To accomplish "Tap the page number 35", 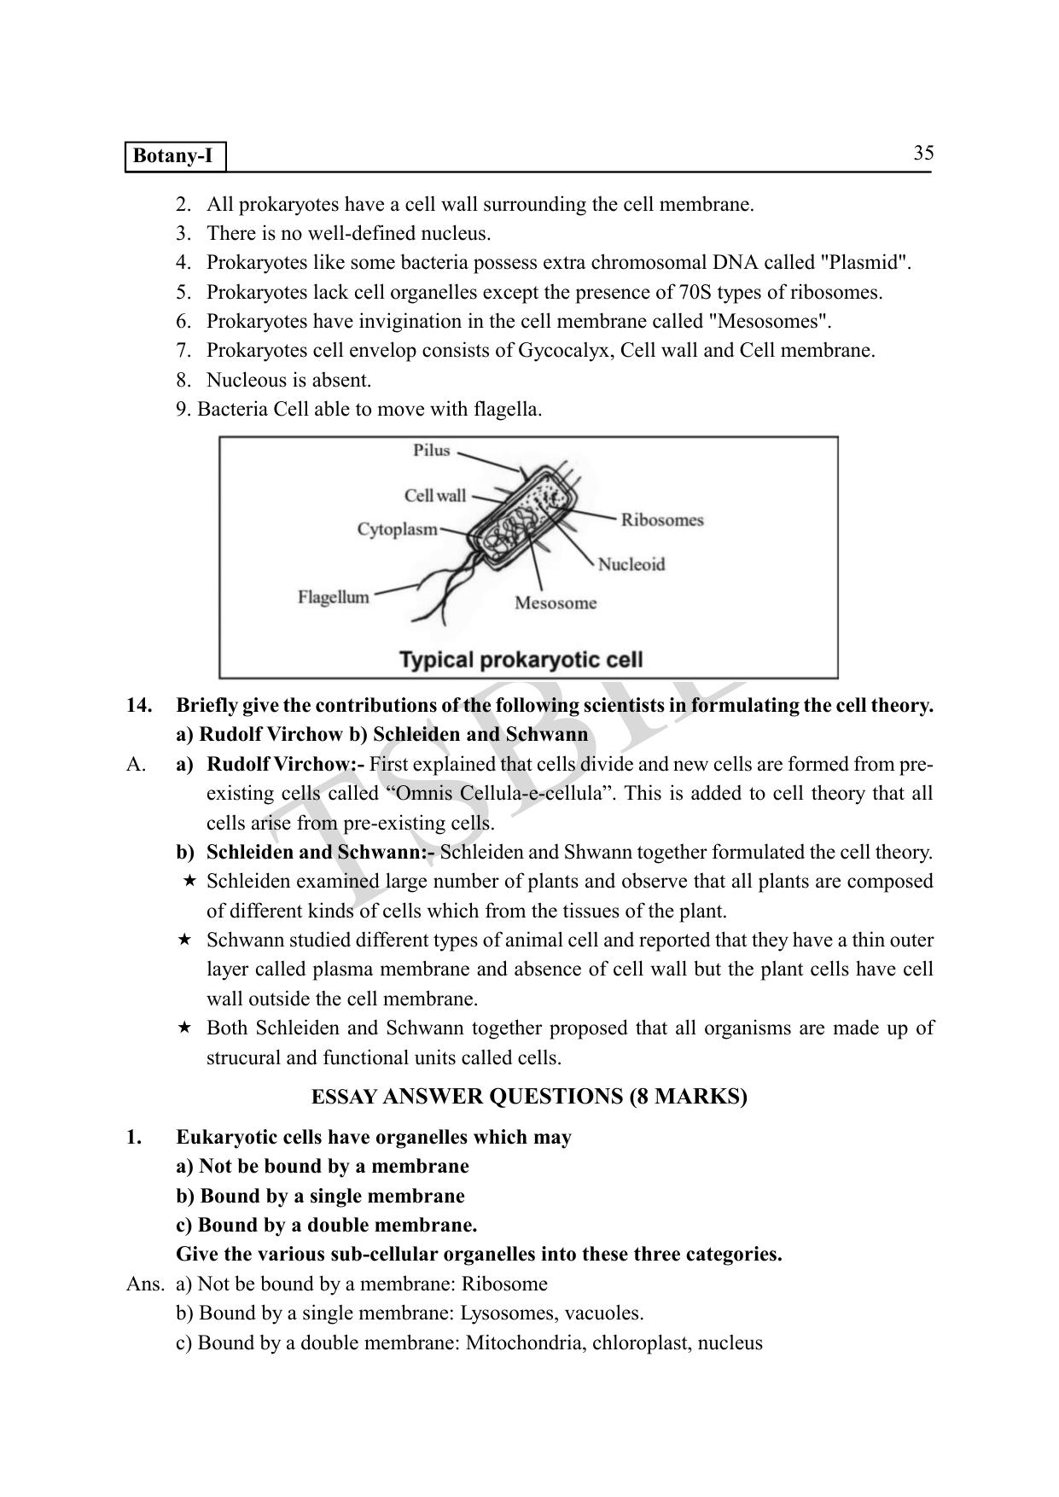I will pyautogui.click(x=923, y=154).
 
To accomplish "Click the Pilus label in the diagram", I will pyautogui.click(x=431, y=450).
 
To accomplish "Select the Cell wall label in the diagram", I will pyautogui.click(x=435, y=496).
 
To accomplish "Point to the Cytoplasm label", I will pyautogui.click(x=397, y=529).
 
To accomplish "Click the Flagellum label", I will pyautogui.click(x=334, y=597).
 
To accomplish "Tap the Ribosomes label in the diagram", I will pyautogui.click(x=661, y=520).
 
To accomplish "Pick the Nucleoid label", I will pyautogui.click(x=631, y=564).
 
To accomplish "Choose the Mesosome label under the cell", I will pyautogui.click(x=556, y=603).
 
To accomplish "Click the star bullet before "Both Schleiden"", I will pyautogui.click(x=183, y=1028).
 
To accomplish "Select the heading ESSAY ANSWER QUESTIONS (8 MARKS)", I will pyautogui.click(x=529, y=1097).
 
